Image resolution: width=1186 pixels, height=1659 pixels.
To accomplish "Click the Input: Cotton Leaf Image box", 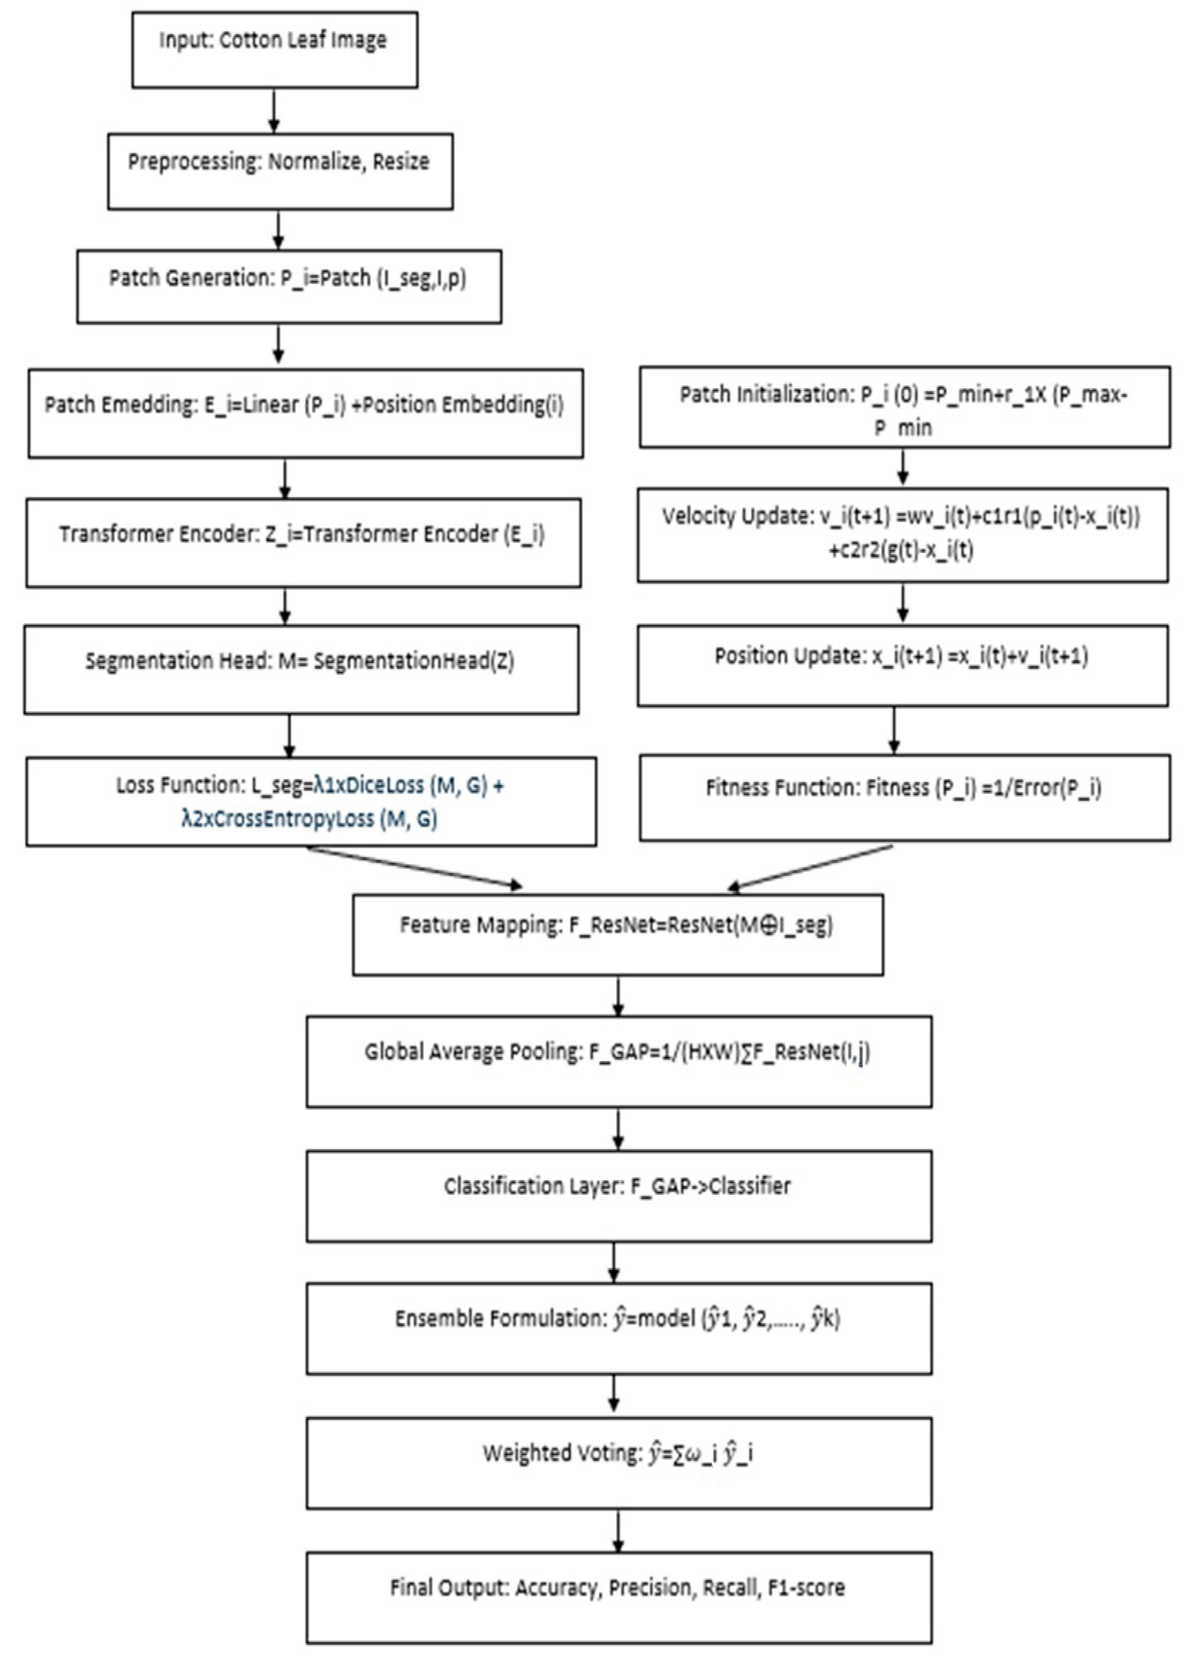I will pos(275,50).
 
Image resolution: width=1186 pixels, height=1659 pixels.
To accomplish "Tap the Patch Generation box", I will pos(289,287).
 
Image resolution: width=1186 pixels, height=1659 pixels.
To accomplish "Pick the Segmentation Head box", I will pos(301,669).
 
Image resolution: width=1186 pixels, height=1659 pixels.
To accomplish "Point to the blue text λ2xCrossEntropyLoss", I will pos(278,820).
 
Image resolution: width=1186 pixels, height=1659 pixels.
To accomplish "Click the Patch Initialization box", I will pos(904,407).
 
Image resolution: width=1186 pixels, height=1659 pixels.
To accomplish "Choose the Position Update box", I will pos(902,665).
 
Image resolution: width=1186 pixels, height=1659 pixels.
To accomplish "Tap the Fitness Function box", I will pos(904,798).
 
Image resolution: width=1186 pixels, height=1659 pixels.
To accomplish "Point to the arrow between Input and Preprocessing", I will pos(274,111).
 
